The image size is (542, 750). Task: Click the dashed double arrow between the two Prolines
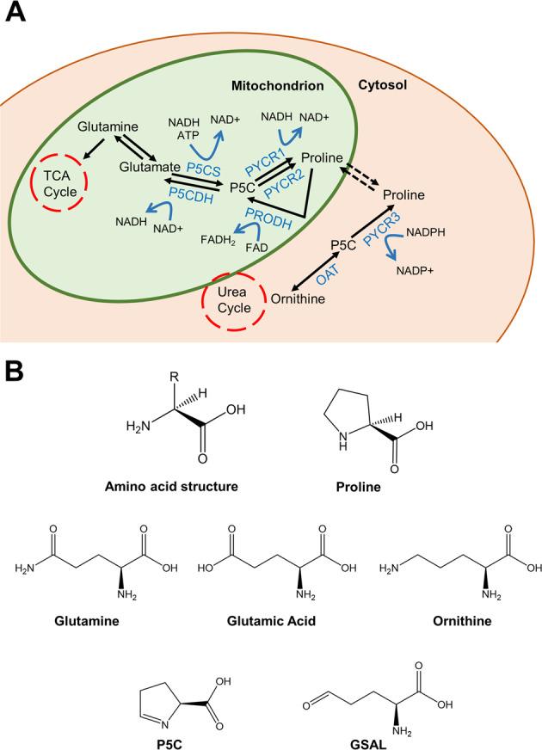tap(360, 177)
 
